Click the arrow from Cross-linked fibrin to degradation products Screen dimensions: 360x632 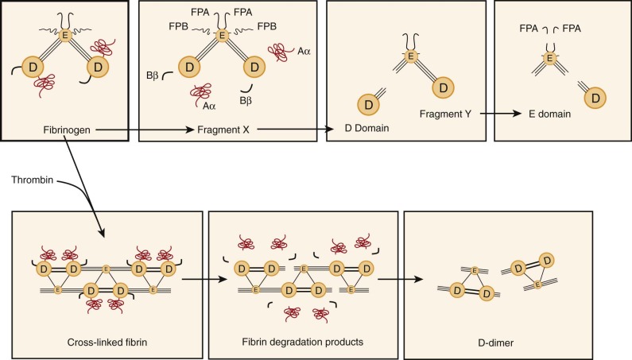coord(195,279)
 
